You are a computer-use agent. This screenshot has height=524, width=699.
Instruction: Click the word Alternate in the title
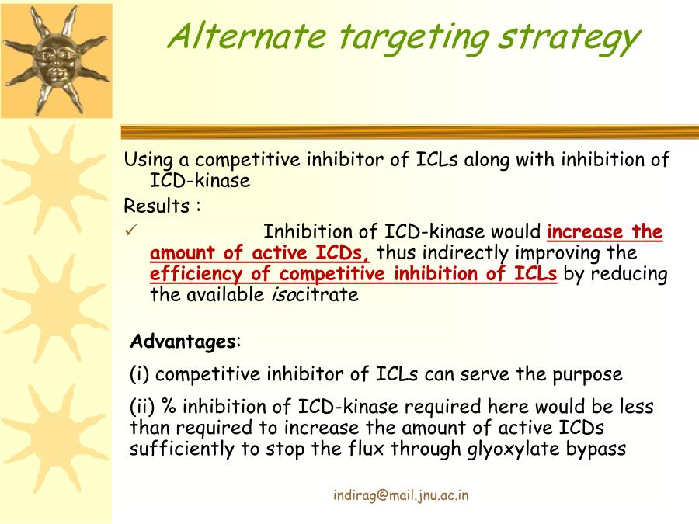(246, 36)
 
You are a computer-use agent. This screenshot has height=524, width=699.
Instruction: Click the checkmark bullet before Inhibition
(130, 231)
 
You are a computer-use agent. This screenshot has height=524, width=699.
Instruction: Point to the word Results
(157, 206)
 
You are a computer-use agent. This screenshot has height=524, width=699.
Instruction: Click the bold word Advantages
(183, 342)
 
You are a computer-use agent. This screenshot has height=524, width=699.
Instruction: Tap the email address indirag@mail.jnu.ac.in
(401, 495)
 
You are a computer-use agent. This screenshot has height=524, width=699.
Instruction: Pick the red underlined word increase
(585, 231)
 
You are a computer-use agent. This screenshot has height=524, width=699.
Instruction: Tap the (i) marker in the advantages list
(140, 374)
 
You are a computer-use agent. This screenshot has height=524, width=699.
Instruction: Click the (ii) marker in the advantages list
(143, 406)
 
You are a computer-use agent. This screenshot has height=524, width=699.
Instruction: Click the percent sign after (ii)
(169, 406)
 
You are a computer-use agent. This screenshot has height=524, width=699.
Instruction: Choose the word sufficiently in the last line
(182, 449)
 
